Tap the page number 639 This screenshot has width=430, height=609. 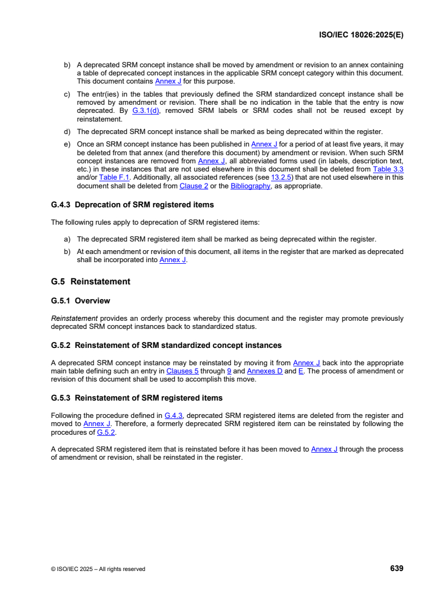396,568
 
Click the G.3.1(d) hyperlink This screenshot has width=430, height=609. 146,111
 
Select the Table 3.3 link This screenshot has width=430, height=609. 388,169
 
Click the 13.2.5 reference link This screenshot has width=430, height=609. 280,177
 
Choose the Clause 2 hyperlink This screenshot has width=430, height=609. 190,186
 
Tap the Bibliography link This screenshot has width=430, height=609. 250,186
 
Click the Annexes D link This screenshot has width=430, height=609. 265,371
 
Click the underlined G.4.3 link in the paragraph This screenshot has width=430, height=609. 174,415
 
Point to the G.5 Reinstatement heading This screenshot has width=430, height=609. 91,282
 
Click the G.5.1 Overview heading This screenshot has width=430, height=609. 80,301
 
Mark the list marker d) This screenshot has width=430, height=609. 68,131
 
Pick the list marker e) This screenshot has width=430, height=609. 68,144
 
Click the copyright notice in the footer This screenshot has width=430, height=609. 98,569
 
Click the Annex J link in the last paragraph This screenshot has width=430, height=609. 324,449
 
